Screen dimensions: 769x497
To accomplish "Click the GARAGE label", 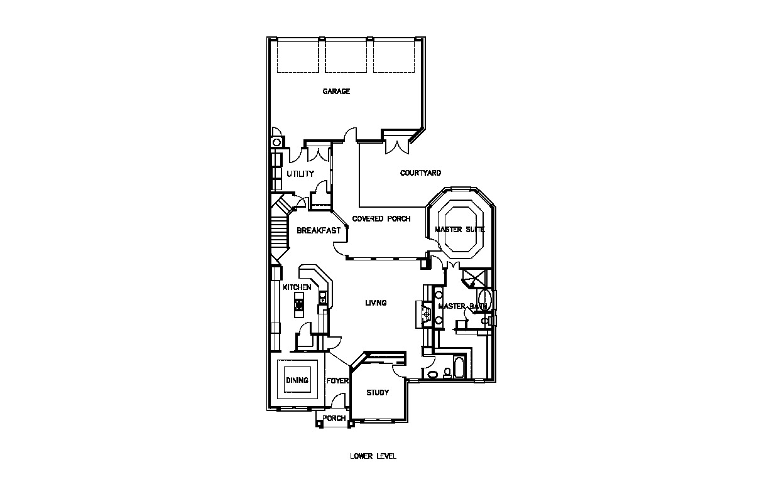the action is click(336, 91).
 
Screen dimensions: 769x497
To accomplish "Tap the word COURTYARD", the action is click(420, 173).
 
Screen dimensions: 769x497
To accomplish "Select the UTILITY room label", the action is click(300, 174).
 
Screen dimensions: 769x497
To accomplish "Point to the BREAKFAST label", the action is click(319, 230).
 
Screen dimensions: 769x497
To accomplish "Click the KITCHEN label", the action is click(297, 287).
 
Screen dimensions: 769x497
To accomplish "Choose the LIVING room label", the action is click(376, 302).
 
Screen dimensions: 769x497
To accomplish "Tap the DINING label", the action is click(297, 380).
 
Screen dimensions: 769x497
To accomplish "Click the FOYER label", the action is click(337, 381).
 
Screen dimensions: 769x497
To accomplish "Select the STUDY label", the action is click(378, 392).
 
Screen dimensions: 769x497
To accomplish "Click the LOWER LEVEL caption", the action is click(373, 456).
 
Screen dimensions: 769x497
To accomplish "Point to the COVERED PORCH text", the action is click(381, 219).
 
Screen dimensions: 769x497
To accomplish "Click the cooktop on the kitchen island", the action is click(299, 304).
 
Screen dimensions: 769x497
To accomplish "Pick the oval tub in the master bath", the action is click(484, 300).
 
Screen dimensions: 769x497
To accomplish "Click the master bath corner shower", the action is click(474, 278).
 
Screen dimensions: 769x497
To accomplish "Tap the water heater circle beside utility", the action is click(276, 142).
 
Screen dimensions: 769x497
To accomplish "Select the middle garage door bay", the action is click(346, 57).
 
